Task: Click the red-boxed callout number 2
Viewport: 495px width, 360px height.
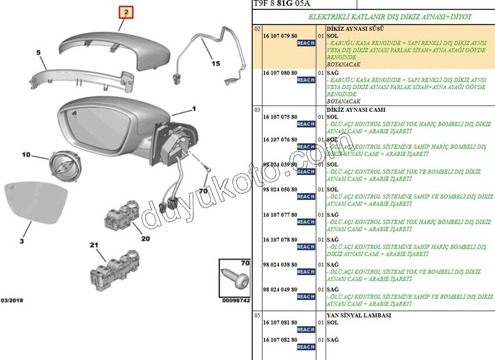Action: (127, 12)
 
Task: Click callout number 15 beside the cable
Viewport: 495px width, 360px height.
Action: (215, 64)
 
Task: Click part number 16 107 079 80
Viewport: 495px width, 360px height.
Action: (280, 36)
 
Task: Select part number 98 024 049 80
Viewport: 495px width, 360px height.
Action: (280, 290)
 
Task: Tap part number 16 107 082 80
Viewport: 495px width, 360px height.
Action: (280, 340)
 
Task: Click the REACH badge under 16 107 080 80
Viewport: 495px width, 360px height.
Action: (306, 80)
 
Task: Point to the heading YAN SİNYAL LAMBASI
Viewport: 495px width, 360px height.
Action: (358, 315)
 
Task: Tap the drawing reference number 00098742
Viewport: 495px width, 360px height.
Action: (236, 301)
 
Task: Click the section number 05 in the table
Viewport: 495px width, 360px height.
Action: (257, 315)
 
